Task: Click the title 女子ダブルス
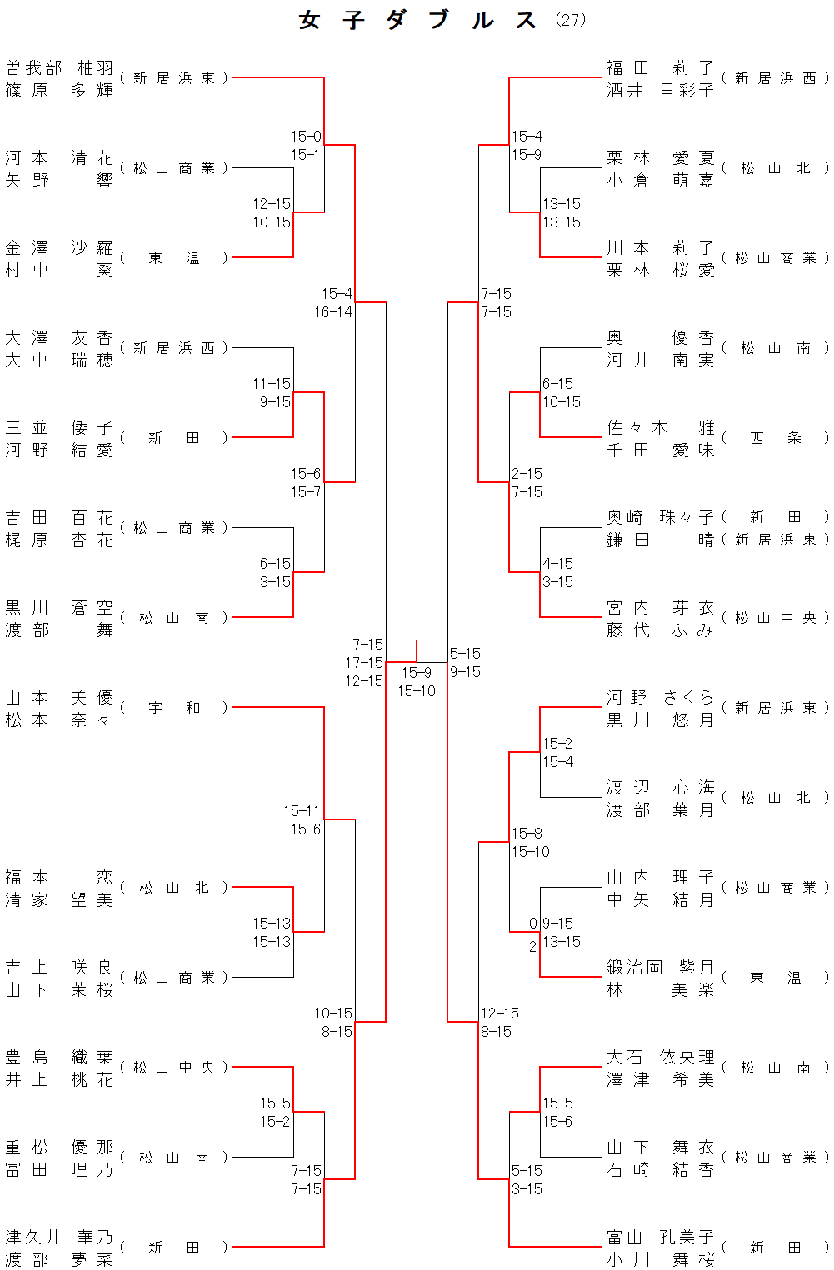tap(417, 20)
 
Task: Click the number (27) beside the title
tap(571, 19)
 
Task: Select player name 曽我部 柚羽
tap(59, 67)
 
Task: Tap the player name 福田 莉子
tap(660, 67)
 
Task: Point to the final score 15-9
tap(417, 672)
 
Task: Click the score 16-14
tap(333, 312)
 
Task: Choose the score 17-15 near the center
tap(364, 663)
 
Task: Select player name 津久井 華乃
tap(59, 1237)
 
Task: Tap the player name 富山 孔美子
tap(660, 1237)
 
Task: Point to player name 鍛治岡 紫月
tap(660, 967)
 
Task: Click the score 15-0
tap(306, 136)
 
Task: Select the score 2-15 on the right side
tap(527, 473)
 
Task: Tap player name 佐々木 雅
tap(660, 427)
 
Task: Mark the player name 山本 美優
tap(59, 697)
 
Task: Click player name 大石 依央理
tap(660, 1057)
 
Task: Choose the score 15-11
tap(302, 810)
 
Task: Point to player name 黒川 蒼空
tap(59, 607)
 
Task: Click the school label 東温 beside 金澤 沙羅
tap(174, 257)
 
